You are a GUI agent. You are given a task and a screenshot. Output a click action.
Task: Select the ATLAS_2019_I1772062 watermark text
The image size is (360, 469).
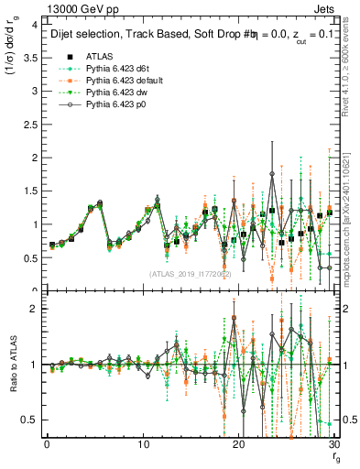tap(190, 273)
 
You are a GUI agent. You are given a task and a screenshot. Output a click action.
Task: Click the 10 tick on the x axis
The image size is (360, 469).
tap(143, 444)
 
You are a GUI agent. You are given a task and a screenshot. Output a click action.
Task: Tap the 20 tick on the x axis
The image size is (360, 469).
tap(239, 444)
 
